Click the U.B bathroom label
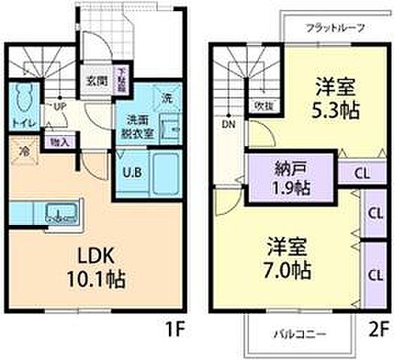[130, 171]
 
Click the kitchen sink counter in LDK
[59, 213]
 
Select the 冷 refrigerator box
[24, 151]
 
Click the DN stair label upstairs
[227, 125]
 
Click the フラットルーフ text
[335, 28]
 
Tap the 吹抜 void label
[263, 106]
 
